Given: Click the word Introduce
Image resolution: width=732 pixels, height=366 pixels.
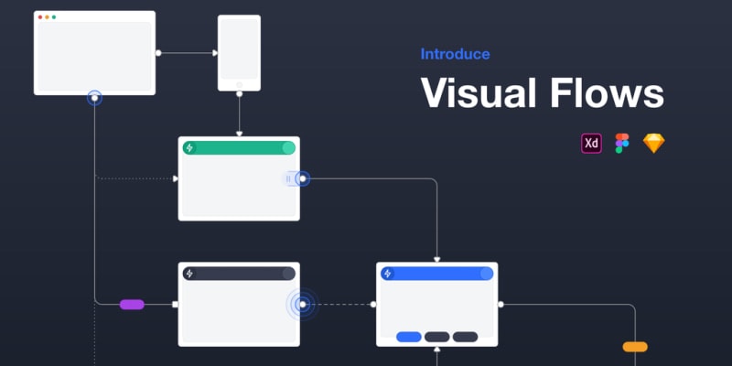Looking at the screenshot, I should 455,54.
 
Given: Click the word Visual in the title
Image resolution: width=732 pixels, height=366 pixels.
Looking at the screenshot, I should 483,94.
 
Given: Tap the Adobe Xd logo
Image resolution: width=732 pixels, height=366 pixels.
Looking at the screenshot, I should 591,143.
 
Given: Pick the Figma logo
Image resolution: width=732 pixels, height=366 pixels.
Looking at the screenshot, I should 622,143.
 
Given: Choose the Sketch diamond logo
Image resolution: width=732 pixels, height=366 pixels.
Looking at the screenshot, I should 654,143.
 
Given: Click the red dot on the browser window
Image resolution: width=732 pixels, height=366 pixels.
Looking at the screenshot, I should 40,17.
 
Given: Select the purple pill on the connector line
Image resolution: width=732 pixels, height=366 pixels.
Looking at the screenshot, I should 132,304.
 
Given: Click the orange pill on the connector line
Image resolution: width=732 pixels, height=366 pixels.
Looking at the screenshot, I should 635,347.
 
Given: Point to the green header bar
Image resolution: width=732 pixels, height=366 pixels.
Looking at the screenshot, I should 238,147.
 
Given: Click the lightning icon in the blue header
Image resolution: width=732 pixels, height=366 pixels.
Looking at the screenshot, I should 388,273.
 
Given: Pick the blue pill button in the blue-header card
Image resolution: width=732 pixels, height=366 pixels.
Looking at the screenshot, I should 409,337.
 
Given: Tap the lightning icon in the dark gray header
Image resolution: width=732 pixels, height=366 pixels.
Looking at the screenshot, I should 189,273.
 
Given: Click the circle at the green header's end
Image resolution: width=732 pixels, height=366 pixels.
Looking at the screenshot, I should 288,147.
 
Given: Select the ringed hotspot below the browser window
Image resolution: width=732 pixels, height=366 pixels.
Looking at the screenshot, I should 94,97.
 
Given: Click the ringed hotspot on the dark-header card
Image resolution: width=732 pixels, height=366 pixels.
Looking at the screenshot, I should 301,304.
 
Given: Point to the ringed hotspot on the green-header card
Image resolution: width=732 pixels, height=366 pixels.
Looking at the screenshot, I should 302,179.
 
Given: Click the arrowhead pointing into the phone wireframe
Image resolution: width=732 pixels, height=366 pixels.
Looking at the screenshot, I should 213,53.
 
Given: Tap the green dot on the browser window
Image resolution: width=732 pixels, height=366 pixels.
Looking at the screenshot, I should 54,17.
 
